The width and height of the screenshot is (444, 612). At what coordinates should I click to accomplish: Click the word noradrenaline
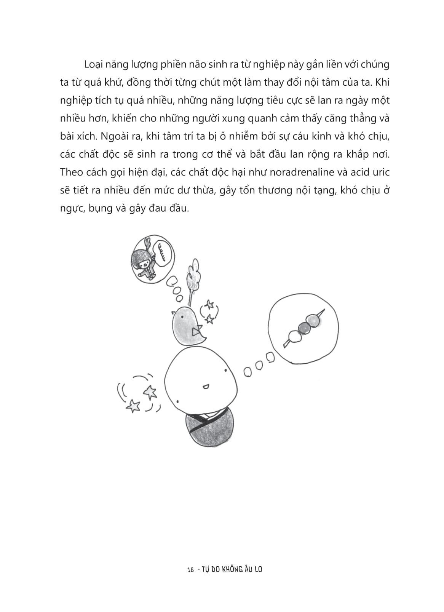pyautogui.click(x=302, y=172)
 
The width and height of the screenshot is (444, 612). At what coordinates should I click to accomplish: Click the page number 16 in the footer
pyautogui.click(x=191, y=570)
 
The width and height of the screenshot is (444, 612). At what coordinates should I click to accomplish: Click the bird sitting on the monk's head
pyautogui.click(x=188, y=324)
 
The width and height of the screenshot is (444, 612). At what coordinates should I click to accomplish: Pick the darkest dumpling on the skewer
pyautogui.click(x=303, y=326)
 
